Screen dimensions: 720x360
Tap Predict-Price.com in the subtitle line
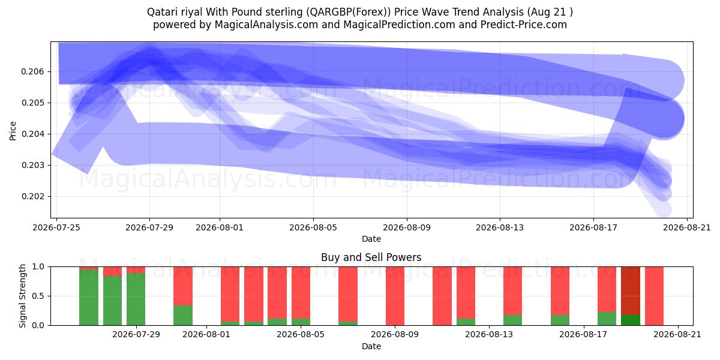click(524, 25)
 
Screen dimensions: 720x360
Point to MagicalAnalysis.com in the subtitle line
click(266, 25)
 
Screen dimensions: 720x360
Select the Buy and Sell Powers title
click(371, 257)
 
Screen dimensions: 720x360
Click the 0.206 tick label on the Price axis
click(32, 71)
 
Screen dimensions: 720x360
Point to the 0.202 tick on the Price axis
click(32, 196)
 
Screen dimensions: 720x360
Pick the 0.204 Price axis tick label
click(32, 134)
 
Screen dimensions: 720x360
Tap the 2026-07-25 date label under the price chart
click(56, 228)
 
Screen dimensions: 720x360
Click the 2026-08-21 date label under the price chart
click(687, 228)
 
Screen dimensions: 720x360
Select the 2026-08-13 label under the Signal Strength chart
click(489, 335)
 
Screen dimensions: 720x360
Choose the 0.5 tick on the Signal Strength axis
click(38, 296)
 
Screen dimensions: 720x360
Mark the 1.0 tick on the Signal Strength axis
click(38, 267)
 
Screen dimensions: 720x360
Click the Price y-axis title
click(13, 131)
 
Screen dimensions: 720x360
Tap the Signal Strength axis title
click(22, 296)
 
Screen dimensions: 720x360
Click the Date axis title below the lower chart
click(371, 347)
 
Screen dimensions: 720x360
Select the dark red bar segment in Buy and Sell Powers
click(631, 291)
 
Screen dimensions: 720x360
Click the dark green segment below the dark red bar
click(631, 320)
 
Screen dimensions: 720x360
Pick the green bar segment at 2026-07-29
click(136, 299)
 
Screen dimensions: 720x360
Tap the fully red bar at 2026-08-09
click(395, 296)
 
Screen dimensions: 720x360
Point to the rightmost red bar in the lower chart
click(654, 296)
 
